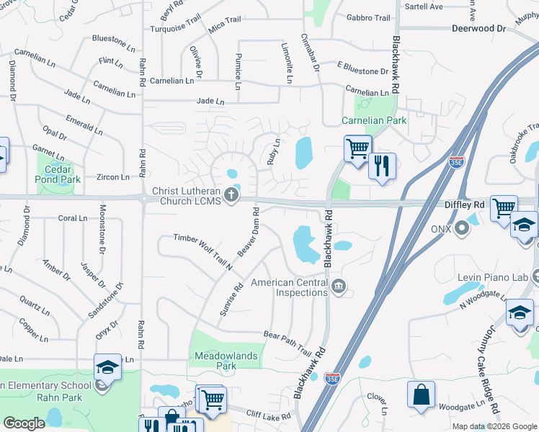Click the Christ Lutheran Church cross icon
pos(231,194)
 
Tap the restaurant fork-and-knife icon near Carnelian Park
pos(382,166)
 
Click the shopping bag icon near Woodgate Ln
pos(421,395)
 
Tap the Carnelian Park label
pos(374,121)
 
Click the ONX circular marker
pos(462,228)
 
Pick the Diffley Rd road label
pos(463,204)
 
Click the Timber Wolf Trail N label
pos(203,251)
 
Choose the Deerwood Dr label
pos(478,29)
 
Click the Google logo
pos(24,423)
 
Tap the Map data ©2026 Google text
pos(494,426)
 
